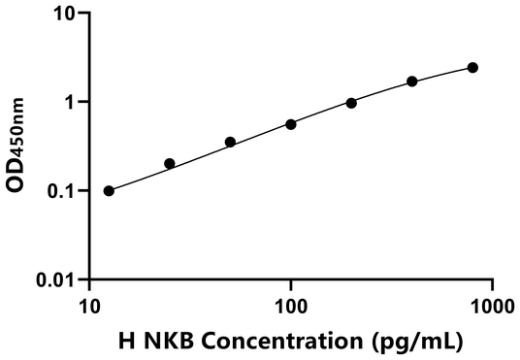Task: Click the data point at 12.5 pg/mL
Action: pos(109,190)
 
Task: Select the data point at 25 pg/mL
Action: pos(170,164)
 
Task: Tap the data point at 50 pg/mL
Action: pos(230,142)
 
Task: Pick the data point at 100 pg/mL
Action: pos(291,124)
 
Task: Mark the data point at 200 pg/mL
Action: pos(351,103)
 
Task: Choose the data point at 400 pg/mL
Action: pos(412,82)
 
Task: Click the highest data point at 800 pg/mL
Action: pos(472,67)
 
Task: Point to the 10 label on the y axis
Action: pos(64,14)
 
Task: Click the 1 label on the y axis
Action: pos(70,102)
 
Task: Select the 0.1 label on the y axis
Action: pos(62,191)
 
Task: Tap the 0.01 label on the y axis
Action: pos(56,279)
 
